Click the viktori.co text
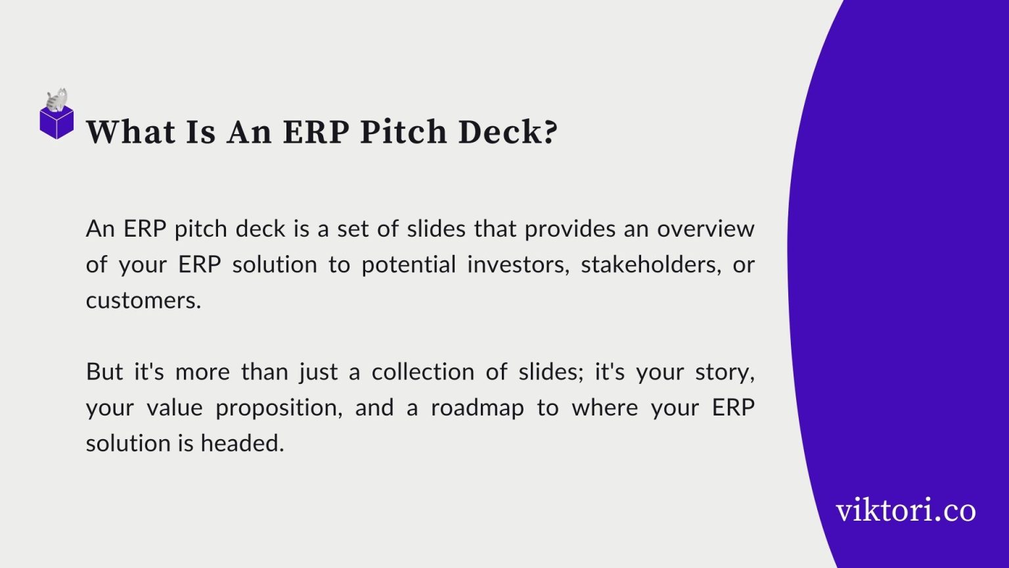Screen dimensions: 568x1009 pyautogui.click(x=906, y=510)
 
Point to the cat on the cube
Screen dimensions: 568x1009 pyautogui.click(x=57, y=100)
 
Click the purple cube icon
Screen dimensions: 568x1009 pyautogui.click(x=56, y=123)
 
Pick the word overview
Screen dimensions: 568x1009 pyautogui.click(x=706, y=229)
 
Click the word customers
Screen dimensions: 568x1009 pyautogui.click(x=143, y=300)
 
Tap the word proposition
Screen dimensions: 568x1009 pyautogui.click(x=279, y=408)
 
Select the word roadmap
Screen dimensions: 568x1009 pyautogui.click(x=477, y=408)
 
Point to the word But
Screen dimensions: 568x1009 pyautogui.click(x=104, y=372)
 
